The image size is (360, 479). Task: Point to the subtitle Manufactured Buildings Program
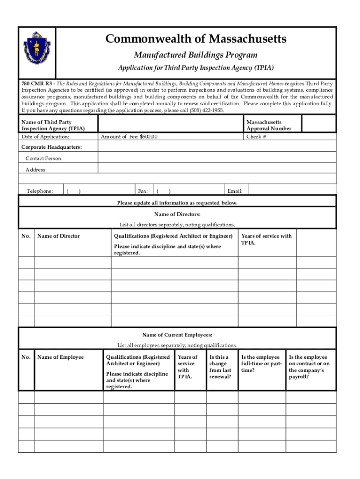pyautogui.click(x=195, y=55)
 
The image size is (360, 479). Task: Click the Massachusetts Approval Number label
pyautogui.click(x=269, y=125)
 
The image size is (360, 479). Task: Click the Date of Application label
pyautogui.click(x=45, y=137)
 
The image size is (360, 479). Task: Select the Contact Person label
pyautogui.click(x=44, y=159)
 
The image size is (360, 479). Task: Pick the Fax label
pyautogui.click(x=143, y=191)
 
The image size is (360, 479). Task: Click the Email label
pyautogui.click(x=235, y=191)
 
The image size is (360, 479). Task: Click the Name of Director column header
pyautogui.click(x=58, y=236)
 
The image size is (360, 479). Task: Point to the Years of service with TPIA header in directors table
pyautogui.click(x=266, y=239)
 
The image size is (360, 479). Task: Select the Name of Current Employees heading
pyautogui.click(x=177, y=335)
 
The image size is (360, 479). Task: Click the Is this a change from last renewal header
pyautogui.click(x=220, y=367)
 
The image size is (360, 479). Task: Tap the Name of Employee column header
pyautogui.click(x=60, y=357)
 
